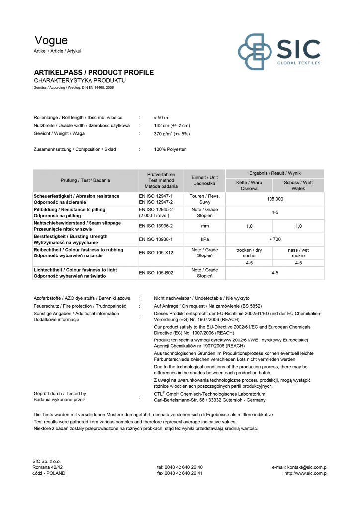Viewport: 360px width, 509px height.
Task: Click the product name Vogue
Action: (x=51, y=41)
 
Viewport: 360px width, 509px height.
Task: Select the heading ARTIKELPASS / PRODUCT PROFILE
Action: (x=93, y=73)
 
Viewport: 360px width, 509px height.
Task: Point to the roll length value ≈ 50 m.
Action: (x=162, y=117)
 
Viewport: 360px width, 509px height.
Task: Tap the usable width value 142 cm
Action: (x=172, y=126)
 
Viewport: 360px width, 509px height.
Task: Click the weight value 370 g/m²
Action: (x=172, y=134)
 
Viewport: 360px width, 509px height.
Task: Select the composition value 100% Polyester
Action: (x=170, y=149)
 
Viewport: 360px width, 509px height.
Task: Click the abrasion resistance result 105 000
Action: (x=274, y=199)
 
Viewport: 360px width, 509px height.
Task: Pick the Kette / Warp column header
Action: (x=249, y=186)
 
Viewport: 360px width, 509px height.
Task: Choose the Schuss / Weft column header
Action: (x=298, y=186)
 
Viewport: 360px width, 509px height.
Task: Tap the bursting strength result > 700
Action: (x=274, y=240)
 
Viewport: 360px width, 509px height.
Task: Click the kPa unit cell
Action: (x=204, y=240)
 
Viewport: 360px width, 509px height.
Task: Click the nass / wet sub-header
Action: (x=298, y=253)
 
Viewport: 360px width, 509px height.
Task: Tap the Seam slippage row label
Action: (x=77, y=226)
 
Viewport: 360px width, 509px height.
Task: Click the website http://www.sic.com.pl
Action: (x=305, y=473)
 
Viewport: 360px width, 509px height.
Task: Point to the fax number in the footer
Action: (x=180, y=473)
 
